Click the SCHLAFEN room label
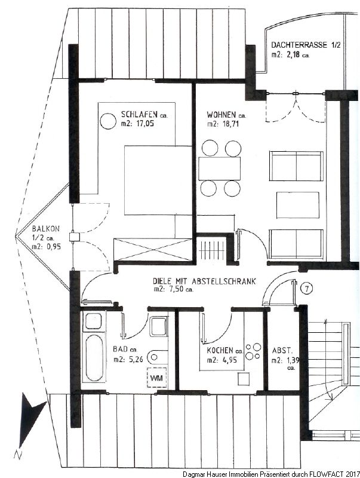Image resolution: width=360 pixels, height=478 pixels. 139,115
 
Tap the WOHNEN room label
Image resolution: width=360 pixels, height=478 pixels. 221,115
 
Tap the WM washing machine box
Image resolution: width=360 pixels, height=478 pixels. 157,378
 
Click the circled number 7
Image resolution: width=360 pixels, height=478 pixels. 306,288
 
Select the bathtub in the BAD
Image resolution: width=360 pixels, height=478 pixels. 94,357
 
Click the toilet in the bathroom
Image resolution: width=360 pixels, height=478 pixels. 158,357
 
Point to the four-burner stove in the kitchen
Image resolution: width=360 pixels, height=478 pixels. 253,351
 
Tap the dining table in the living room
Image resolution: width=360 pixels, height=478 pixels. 219,168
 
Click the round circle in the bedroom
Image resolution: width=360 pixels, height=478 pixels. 108,121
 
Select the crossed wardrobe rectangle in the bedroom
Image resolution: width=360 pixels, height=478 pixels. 153,250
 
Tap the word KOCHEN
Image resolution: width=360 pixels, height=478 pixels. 220,350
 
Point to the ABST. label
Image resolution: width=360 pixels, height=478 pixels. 282,350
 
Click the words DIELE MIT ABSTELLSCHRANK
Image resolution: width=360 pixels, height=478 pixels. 204,281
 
